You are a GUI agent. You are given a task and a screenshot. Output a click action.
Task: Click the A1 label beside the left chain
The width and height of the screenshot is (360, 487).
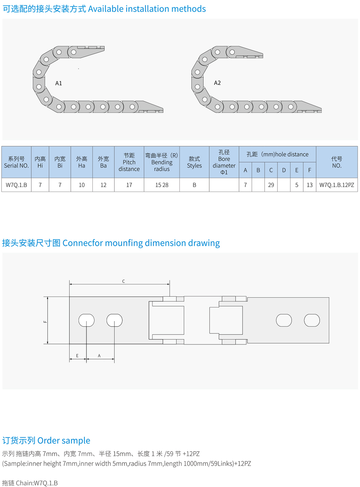58,83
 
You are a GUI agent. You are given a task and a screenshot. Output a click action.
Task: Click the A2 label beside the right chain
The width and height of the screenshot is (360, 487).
217,83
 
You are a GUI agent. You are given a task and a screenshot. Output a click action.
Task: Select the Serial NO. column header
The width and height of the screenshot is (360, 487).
16,162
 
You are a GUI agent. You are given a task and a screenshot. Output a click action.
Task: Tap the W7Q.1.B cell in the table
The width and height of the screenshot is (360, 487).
16,185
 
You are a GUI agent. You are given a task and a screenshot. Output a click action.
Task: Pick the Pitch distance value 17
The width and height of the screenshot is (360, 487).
129,185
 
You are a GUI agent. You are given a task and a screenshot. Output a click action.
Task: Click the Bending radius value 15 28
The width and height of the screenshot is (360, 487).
162,185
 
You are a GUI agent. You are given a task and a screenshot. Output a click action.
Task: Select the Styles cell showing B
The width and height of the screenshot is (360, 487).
194,185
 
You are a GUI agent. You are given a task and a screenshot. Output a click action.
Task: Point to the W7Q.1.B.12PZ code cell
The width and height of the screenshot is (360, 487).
336,185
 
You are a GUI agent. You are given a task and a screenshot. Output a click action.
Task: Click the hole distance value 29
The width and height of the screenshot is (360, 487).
271,185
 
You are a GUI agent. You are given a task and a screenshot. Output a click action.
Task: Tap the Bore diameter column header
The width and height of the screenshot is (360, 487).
224,162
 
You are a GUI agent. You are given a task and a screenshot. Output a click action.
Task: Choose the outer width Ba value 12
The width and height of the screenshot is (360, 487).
103,185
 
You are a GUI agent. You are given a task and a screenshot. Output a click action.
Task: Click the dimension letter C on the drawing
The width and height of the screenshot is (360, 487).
123,281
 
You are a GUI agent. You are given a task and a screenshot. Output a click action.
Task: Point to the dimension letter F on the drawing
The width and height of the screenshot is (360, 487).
45,322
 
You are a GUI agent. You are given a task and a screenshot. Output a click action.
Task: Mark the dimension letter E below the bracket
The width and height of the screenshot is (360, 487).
77,356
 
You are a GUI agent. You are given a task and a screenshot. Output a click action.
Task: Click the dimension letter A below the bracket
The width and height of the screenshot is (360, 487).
99,356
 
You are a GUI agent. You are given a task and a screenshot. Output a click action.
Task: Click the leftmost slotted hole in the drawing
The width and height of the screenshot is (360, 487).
87,320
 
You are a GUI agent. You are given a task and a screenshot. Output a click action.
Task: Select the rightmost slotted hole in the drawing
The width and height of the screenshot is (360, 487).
312,320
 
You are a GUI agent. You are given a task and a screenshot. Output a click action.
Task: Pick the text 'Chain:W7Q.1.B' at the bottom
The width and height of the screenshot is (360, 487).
37,483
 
